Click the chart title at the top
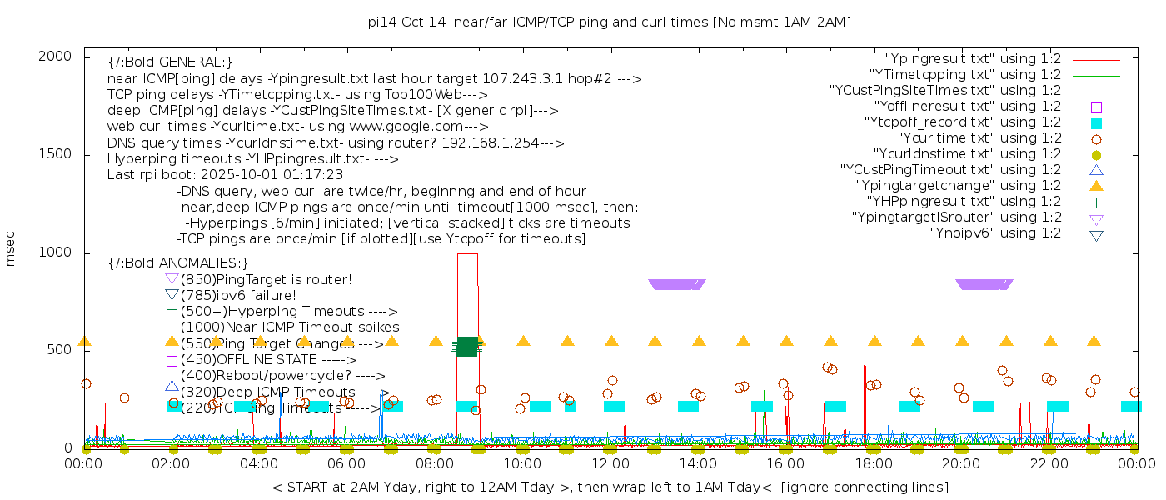[609, 22]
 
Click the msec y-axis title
[11, 252]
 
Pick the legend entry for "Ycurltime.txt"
[979, 138]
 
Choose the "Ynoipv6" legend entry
[995, 233]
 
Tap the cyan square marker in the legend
[1096, 123]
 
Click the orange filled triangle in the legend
[1096, 186]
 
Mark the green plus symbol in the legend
[1096, 202]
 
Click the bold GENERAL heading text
[170, 62]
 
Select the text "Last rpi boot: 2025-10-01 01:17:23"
[225, 175]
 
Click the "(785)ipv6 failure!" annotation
[238, 295]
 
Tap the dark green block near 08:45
[467, 346]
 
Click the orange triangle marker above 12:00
[611, 341]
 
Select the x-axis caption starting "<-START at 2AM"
[610, 487]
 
